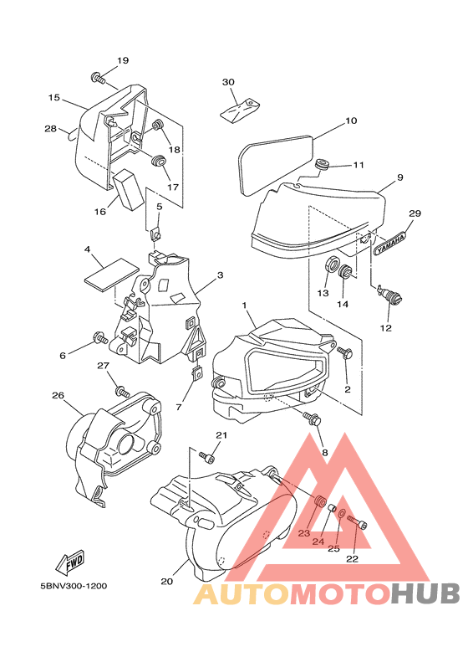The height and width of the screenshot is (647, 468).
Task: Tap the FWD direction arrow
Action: click(x=70, y=562)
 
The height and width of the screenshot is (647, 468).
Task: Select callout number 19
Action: click(x=123, y=60)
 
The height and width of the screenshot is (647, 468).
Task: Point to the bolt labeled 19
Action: click(x=98, y=78)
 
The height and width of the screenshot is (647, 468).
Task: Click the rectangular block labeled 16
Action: click(x=128, y=188)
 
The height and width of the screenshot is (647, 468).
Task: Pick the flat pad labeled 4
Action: click(x=112, y=273)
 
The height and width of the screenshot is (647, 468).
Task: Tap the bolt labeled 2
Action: click(x=344, y=353)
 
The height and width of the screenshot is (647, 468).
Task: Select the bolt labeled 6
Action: click(x=100, y=337)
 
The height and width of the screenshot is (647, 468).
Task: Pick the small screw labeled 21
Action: click(x=206, y=457)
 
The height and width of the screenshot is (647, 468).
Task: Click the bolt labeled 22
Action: click(x=357, y=521)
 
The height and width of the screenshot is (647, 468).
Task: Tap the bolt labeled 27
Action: click(x=122, y=390)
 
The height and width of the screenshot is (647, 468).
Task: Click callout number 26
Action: click(x=58, y=395)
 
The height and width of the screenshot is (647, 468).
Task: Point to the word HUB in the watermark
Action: click(x=425, y=594)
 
